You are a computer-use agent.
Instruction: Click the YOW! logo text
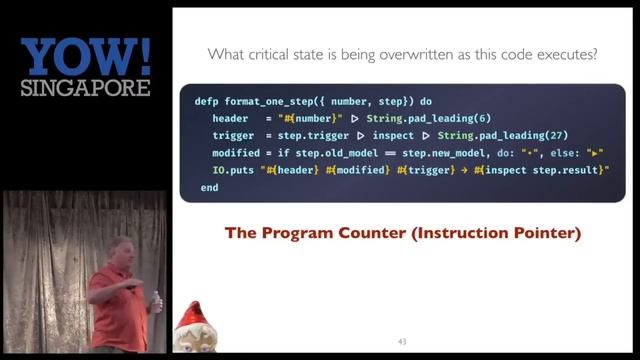click(85, 57)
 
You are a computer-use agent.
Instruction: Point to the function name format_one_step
click(266, 101)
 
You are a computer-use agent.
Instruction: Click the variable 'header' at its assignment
click(230, 118)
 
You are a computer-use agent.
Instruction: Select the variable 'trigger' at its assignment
click(232, 135)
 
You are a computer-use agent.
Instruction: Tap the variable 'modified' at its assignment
click(236, 152)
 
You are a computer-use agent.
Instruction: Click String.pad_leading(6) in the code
click(411, 118)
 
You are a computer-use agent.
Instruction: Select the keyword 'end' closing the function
click(209, 187)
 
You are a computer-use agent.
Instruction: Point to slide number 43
click(402, 342)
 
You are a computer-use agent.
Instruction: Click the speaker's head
click(121, 250)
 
